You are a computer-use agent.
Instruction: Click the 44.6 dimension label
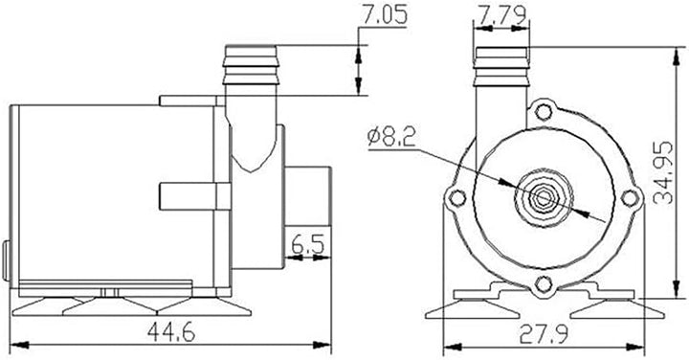click(171, 332)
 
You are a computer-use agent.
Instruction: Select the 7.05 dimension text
click(385, 15)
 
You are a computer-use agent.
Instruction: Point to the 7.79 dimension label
click(502, 15)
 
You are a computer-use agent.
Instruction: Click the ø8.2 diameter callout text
click(391, 138)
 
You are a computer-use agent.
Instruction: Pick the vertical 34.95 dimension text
click(662, 172)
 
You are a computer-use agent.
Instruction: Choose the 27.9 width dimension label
click(544, 334)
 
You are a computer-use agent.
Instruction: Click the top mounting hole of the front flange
click(544, 112)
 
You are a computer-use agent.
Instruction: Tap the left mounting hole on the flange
click(457, 198)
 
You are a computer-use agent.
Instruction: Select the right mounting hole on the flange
click(630, 198)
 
